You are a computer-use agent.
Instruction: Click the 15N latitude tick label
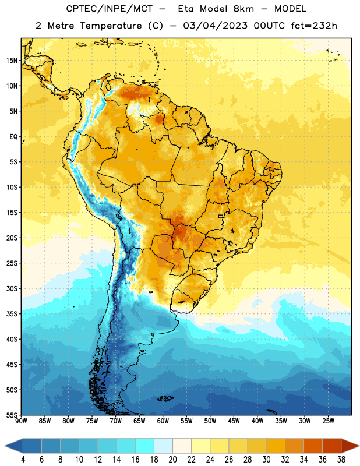[x=12, y=61]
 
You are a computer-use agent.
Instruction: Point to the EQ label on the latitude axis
[x=13, y=137]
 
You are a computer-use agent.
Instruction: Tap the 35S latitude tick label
[x=12, y=314]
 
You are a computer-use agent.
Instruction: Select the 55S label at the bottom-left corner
[x=12, y=415]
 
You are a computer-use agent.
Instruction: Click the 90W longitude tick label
[x=21, y=421]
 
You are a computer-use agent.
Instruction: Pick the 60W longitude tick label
[x=163, y=421]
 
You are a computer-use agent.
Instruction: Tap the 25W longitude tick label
[x=328, y=421]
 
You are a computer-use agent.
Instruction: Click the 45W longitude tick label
[x=234, y=421]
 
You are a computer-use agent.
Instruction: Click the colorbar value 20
[x=172, y=460]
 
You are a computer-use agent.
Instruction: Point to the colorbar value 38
[x=341, y=460]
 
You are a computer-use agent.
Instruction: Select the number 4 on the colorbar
[x=23, y=460]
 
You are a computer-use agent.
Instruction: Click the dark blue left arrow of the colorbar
[x=13, y=446]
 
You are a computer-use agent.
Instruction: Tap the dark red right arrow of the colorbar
[x=351, y=446]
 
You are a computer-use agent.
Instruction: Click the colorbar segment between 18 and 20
[x=163, y=446]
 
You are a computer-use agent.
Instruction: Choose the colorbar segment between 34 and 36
[x=313, y=446]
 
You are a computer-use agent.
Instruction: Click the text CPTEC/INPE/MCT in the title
[x=110, y=9]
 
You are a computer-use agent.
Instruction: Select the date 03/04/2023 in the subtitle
[x=215, y=26]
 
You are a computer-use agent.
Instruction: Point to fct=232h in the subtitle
[x=314, y=26]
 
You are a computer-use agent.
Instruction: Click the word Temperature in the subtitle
[x=111, y=26]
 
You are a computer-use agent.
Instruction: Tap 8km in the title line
[x=243, y=9]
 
